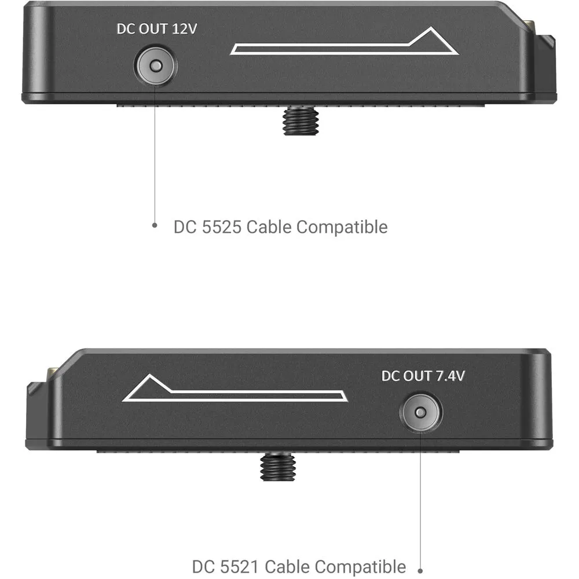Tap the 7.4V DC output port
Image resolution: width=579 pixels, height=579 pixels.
[420, 412]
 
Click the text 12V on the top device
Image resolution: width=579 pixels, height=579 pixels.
[184, 29]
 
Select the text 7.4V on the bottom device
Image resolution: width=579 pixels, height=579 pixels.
[450, 376]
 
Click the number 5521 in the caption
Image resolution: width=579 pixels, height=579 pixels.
[240, 567]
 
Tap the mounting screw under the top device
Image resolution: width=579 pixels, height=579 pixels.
[301, 120]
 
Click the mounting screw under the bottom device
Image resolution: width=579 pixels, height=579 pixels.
[278, 467]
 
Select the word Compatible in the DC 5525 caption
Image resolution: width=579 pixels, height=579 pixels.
[342, 227]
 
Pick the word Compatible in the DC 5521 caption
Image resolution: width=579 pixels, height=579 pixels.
[360, 566]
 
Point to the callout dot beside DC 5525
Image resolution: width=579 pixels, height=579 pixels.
[155, 225]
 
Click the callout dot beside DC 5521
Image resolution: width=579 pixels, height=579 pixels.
[420, 571]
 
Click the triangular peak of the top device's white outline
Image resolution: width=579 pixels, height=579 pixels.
[431, 28]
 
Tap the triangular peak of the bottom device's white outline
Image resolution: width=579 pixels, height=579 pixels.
[149, 375]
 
